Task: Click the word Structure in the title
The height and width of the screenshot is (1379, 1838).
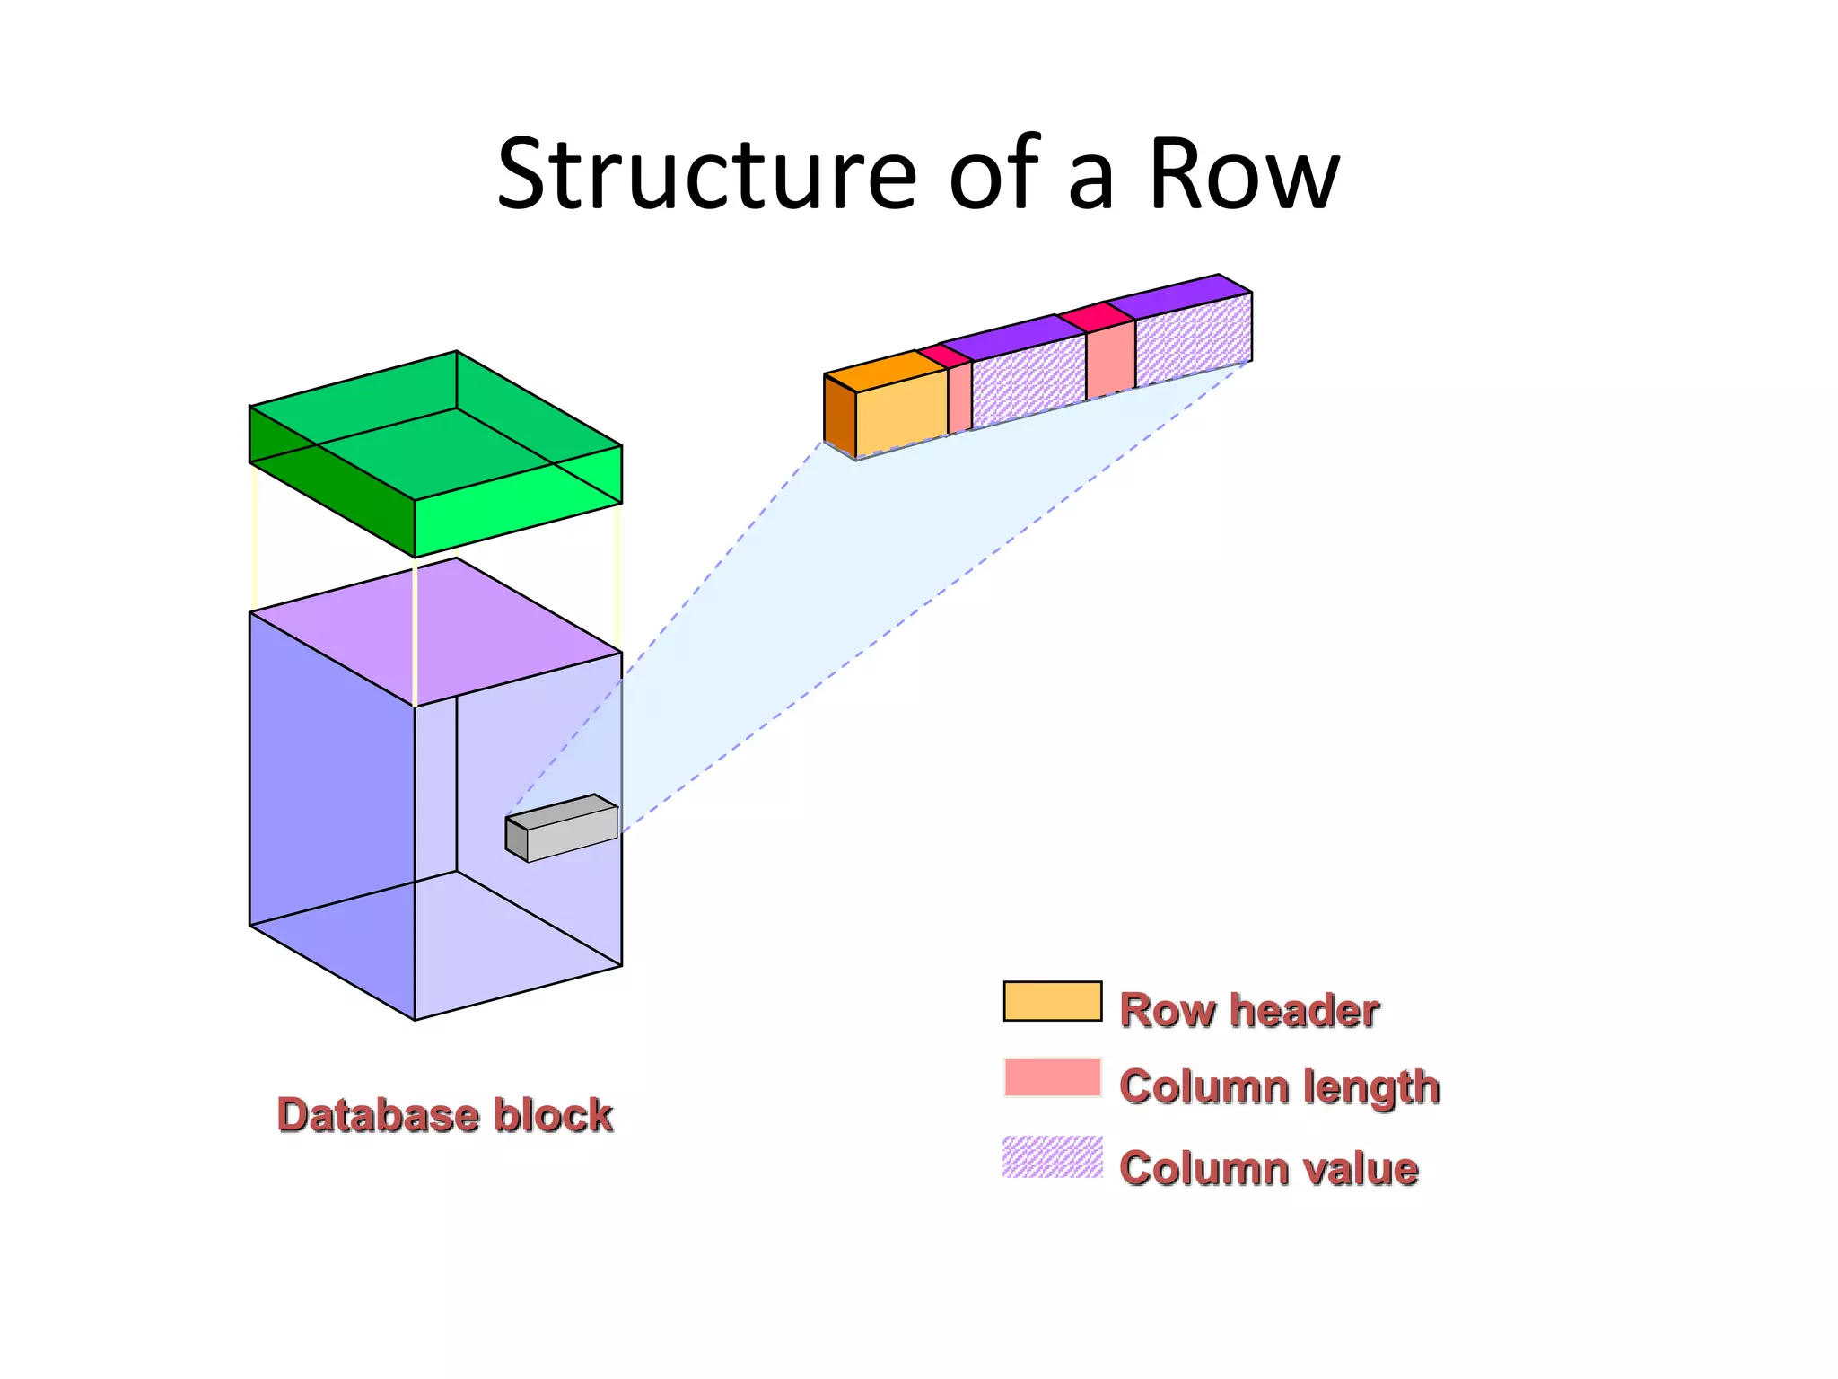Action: [705, 175]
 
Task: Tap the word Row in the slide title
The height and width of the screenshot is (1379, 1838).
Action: [1244, 175]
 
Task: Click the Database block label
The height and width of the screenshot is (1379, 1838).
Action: [444, 1115]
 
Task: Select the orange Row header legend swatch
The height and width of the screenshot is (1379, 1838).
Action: [1052, 1001]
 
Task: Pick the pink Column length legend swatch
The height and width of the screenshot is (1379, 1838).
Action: [1052, 1077]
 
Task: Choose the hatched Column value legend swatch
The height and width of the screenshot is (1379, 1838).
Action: [1052, 1156]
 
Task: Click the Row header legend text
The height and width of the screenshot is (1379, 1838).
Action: [1248, 1010]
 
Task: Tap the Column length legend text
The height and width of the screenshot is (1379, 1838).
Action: [1279, 1086]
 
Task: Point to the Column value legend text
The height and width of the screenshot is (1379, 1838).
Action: [1268, 1168]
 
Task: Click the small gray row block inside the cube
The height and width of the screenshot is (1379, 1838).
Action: [572, 833]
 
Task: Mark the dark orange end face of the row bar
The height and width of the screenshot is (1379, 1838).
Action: [839, 415]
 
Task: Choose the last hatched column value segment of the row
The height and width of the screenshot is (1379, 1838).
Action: [1193, 338]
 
